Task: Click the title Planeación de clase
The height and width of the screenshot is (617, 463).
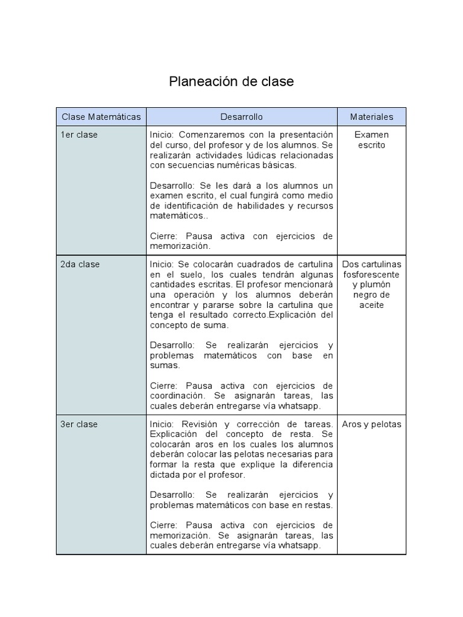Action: [x=231, y=81]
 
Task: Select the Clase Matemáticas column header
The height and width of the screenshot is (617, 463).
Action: [x=101, y=117]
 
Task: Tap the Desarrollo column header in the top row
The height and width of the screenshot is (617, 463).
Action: [x=241, y=117]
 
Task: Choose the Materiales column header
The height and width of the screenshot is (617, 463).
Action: [x=371, y=117]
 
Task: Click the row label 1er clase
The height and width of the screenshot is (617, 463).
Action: [x=79, y=134]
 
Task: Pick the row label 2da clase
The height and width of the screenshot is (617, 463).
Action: [x=80, y=264]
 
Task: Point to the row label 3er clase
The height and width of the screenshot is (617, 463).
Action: [x=79, y=424]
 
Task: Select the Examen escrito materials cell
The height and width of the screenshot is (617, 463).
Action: [x=371, y=140]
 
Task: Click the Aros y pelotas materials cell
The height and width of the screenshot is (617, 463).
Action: [x=371, y=424]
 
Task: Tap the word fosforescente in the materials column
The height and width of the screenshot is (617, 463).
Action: [x=371, y=274]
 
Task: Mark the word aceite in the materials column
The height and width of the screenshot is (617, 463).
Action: [x=371, y=305]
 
